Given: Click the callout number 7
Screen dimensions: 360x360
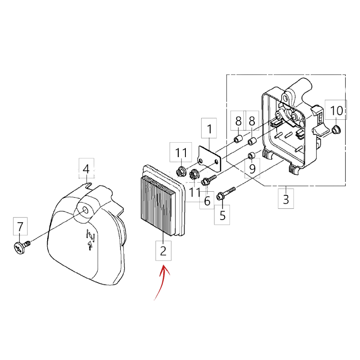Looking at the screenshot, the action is (x=20, y=226).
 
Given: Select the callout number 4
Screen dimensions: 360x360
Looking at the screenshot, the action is (x=86, y=169).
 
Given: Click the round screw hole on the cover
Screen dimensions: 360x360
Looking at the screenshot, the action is (x=85, y=210).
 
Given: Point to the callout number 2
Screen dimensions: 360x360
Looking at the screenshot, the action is (x=163, y=251).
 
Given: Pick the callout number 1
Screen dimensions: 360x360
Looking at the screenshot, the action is (x=209, y=129).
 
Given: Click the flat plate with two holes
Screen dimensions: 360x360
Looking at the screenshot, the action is (x=209, y=159).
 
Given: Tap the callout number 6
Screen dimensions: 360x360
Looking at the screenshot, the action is (x=207, y=201).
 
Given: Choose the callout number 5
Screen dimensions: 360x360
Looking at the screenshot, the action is (x=222, y=216).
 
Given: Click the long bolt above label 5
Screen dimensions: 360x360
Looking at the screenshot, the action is (x=226, y=193).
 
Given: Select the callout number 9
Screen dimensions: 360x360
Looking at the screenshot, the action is (x=252, y=169).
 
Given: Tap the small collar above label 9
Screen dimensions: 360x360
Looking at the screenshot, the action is (x=251, y=155).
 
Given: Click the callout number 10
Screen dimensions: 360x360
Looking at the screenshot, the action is (x=336, y=111).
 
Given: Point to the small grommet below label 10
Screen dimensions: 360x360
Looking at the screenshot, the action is (x=336, y=130).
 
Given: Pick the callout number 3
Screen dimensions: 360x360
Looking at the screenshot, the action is (x=286, y=199).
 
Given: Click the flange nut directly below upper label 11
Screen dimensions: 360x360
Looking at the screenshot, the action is (x=181, y=171).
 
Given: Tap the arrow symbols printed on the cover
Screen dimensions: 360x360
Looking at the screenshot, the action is (x=91, y=239).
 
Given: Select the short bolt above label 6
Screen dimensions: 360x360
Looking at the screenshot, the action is (x=208, y=180).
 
